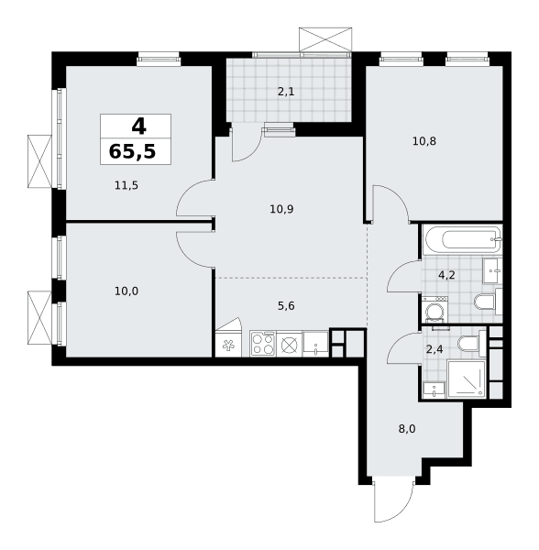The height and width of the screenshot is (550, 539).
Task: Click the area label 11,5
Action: (126, 185)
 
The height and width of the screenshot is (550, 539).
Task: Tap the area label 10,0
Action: (126, 291)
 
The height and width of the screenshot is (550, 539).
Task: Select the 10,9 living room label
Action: (281, 209)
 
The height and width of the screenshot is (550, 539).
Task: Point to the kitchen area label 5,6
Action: (286, 306)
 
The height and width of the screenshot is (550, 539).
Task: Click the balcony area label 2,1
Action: (286, 92)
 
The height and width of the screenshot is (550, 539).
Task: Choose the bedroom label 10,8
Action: (424, 141)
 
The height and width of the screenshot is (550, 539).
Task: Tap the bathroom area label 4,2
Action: (446, 275)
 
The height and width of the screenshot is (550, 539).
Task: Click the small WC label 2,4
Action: (434, 349)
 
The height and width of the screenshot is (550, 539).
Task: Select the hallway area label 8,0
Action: (407, 429)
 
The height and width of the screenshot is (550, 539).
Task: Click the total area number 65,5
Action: (132, 152)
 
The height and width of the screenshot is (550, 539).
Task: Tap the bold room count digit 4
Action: (138, 126)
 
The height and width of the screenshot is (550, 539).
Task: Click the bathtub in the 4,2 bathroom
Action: (463, 240)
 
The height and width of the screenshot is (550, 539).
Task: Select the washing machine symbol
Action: (435, 310)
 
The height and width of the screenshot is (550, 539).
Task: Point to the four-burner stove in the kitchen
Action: (263, 344)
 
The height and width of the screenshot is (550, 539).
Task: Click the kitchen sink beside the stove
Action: (315, 344)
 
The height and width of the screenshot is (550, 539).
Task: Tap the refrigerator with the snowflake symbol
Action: (228, 344)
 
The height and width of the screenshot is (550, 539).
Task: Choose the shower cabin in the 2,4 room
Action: (467, 379)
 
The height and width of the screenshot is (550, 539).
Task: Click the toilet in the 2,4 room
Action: (470, 344)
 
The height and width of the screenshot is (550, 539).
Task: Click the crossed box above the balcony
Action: (325, 39)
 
